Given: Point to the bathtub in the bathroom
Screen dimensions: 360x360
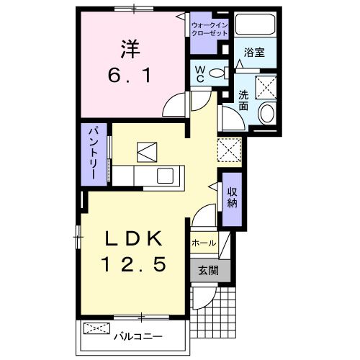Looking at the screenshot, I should click(x=256, y=27).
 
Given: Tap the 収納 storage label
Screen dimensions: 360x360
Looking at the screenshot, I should click(x=233, y=197).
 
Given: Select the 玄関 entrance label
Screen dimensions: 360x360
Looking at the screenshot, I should click(x=210, y=270).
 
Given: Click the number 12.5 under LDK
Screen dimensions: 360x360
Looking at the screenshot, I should click(x=136, y=264).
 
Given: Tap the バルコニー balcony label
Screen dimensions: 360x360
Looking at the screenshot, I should click(x=139, y=336).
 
